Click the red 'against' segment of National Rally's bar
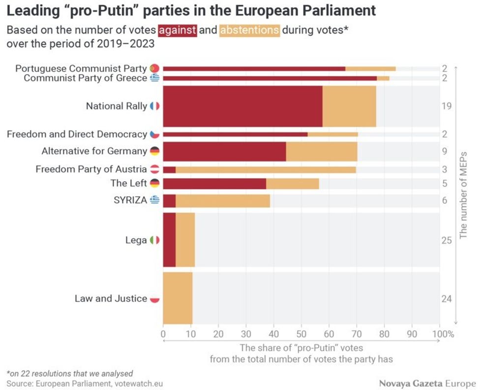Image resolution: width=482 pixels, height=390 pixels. pos(242,106)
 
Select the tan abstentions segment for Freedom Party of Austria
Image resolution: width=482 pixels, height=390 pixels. pos(266,169)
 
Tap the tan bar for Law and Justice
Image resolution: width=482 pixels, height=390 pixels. pos(178,298)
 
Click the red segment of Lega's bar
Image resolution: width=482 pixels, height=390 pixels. pos(169,240)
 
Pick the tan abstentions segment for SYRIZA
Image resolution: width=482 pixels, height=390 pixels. pos(222,200)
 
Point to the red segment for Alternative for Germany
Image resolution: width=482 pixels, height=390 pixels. pos(224,151)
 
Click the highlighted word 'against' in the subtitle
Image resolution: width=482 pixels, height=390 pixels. pos(178,30)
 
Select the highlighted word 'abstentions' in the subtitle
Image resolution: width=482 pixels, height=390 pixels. pos(249,30)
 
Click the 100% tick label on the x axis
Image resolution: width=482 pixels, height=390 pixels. pos(443,334)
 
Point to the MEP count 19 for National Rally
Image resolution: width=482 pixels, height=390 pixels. pos(447,106)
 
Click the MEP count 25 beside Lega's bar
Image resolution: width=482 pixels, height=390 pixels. pos(447,240)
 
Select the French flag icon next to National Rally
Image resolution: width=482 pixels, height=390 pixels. pos(154,106)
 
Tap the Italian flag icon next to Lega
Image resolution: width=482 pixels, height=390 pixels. pos(154,240)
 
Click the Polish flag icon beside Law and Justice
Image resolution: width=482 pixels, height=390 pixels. pos(154,299)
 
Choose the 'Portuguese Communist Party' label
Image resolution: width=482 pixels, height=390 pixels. pos(81,68)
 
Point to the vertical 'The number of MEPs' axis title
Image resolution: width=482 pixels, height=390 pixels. pos(463,195)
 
